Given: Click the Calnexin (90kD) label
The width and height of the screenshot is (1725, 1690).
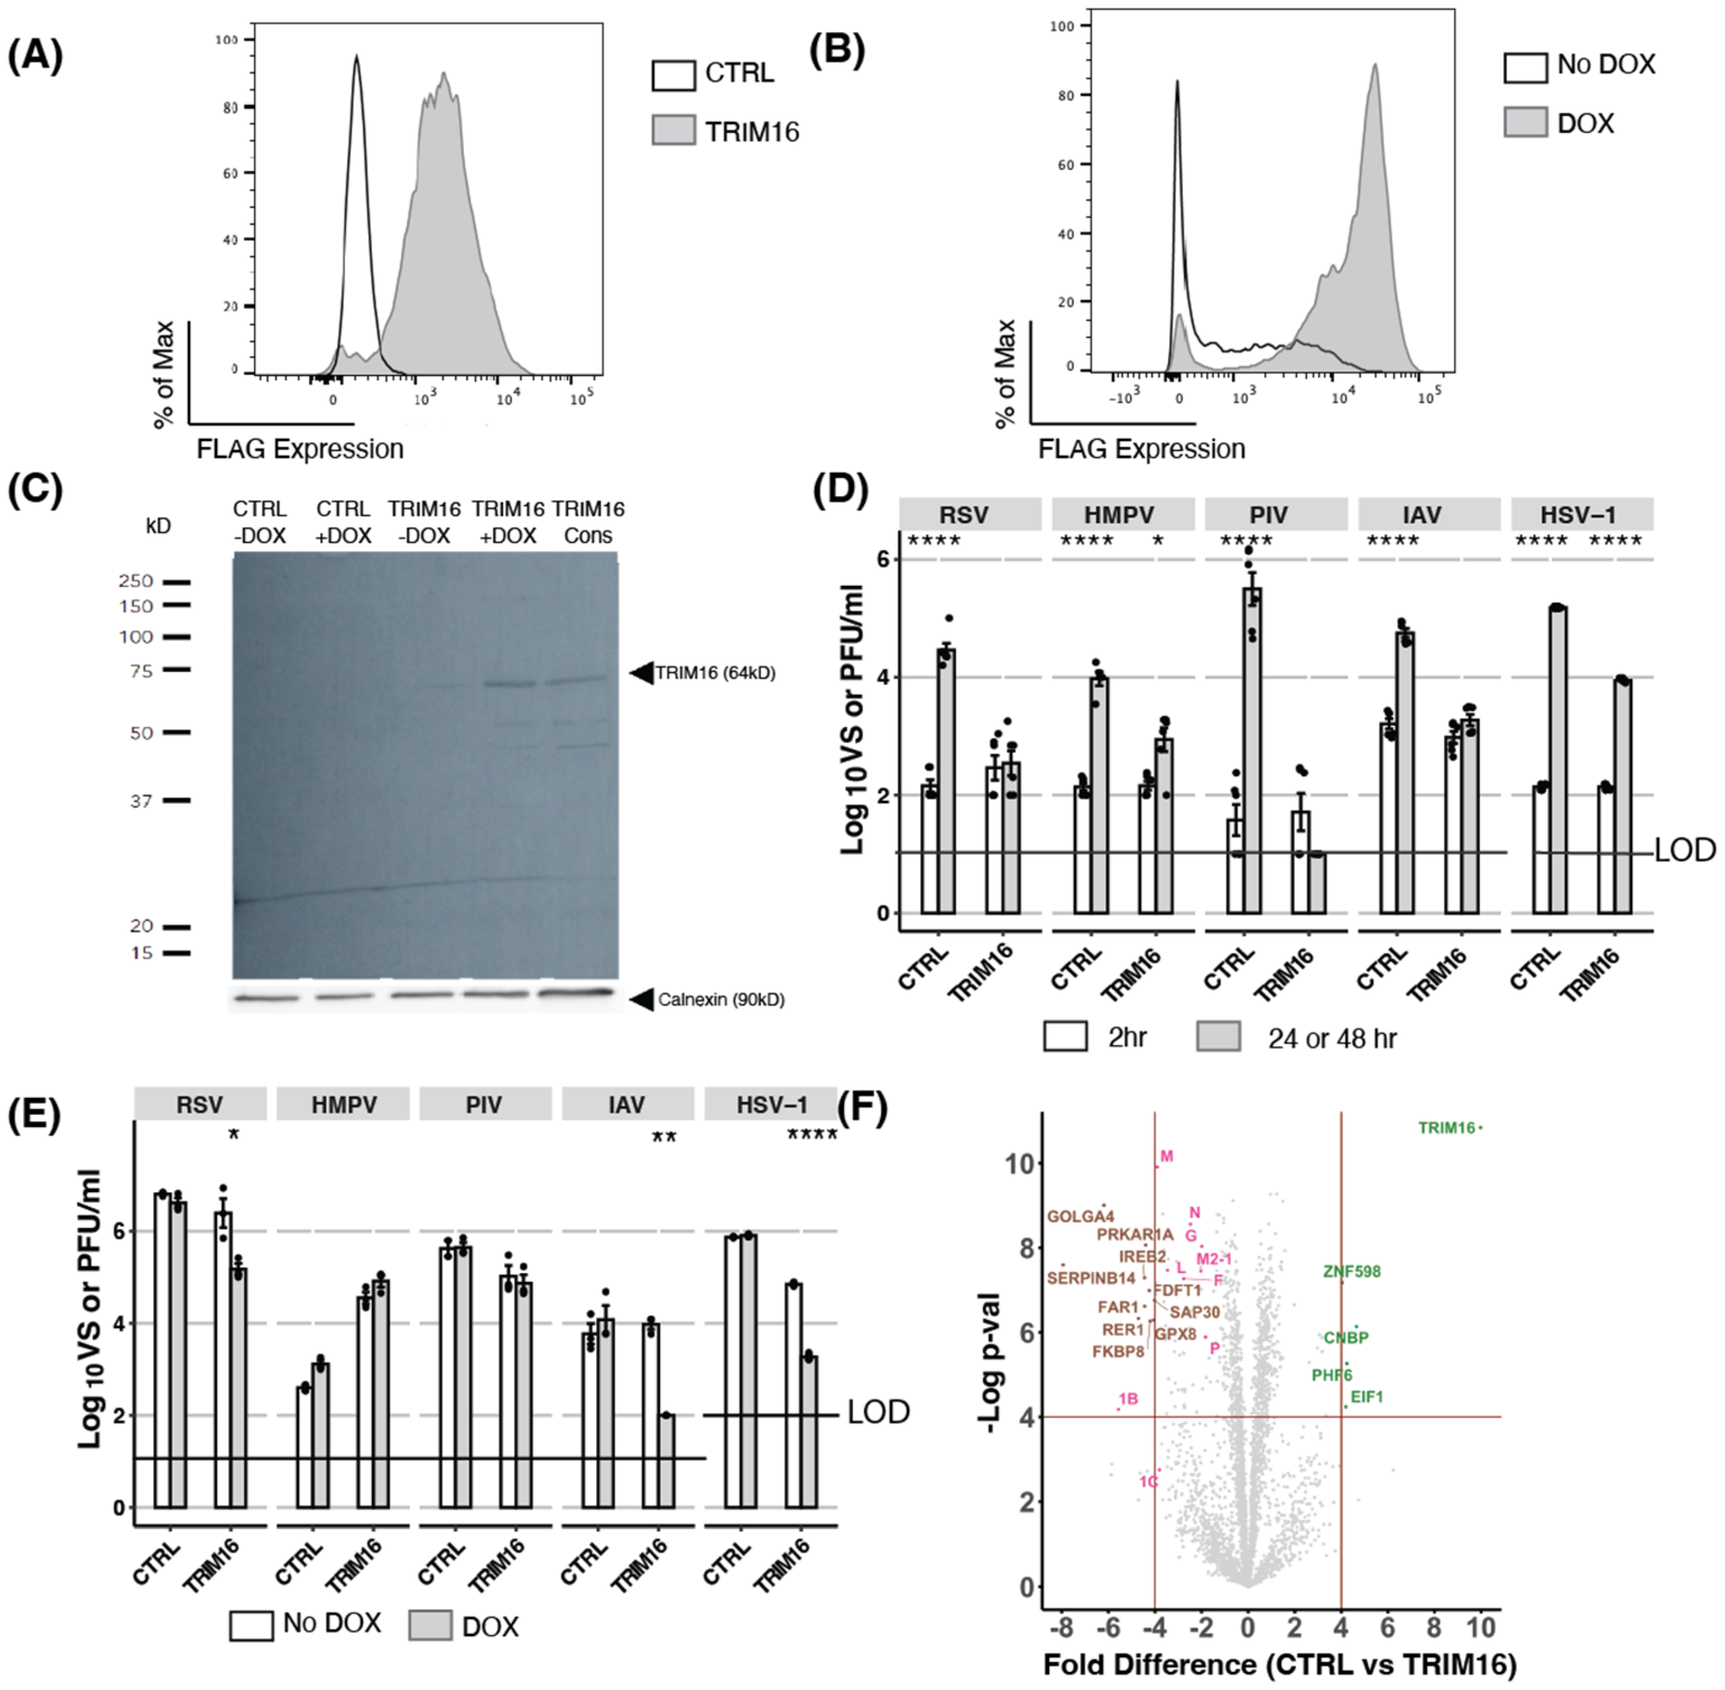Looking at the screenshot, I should click(x=721, y=999).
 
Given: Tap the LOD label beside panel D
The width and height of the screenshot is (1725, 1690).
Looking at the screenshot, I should click(x=1684, y=850).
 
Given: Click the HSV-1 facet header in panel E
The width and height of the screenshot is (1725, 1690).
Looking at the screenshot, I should click(x=771, y=1104).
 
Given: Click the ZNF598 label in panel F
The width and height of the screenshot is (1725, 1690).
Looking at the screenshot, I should click(x=1351, y=1272).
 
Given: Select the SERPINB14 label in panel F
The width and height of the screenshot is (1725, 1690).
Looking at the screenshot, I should click(x=1091, y=1278).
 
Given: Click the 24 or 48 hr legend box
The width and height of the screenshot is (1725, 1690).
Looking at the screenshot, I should click(x=1218, y=1037).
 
